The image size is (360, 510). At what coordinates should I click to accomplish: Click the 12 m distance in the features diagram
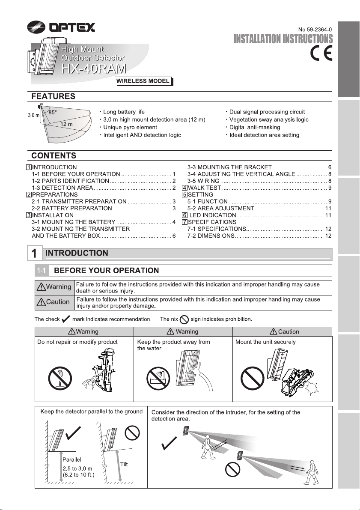pyautogui.click(x=66, y=124)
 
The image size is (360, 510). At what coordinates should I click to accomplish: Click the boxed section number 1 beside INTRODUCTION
pyautogui.click(x=34, y=254)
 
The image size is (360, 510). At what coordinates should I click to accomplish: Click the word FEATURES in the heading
pyautogui.click(x=52, y=96)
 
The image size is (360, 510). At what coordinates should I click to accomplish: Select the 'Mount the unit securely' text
pyautogui.click(x=265, y=343)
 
